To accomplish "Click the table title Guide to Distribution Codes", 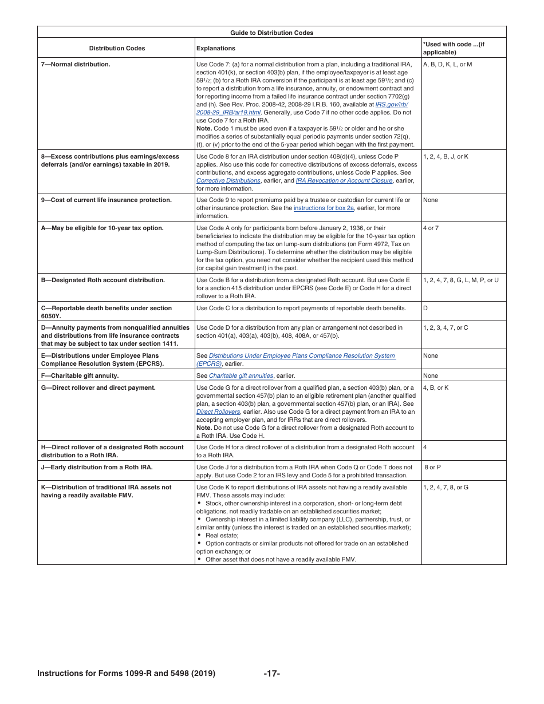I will pos(271,33).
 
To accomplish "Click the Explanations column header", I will pos(215,49).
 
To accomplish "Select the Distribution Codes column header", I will pos(117,49).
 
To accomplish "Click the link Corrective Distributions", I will pos(228,181).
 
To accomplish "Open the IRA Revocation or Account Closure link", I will pos(344,181).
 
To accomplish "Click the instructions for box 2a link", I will pos(324,208).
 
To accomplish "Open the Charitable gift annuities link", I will pos(241,376).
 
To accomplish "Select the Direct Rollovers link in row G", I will pos(218,412).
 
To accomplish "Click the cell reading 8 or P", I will pos(432,468).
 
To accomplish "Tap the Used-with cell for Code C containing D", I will pos(425,309).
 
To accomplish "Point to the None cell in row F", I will pos(430,376).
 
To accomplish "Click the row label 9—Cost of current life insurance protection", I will pos(106,200).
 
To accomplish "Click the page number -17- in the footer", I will pos(271,674).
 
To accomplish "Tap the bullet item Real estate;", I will pos(222,536).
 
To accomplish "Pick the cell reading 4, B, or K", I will pos(436,388).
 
